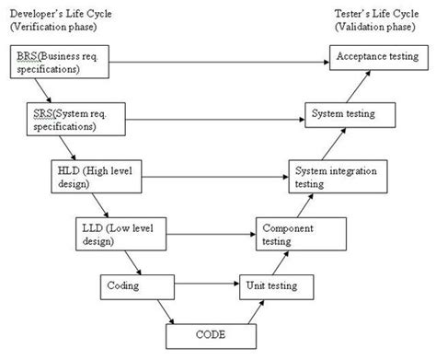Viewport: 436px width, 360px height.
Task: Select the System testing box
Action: [350, 115]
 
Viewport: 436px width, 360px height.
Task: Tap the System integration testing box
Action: [333, 176]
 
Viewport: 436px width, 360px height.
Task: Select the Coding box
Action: [133, 286]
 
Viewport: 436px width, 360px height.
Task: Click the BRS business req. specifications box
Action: [55, 63]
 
